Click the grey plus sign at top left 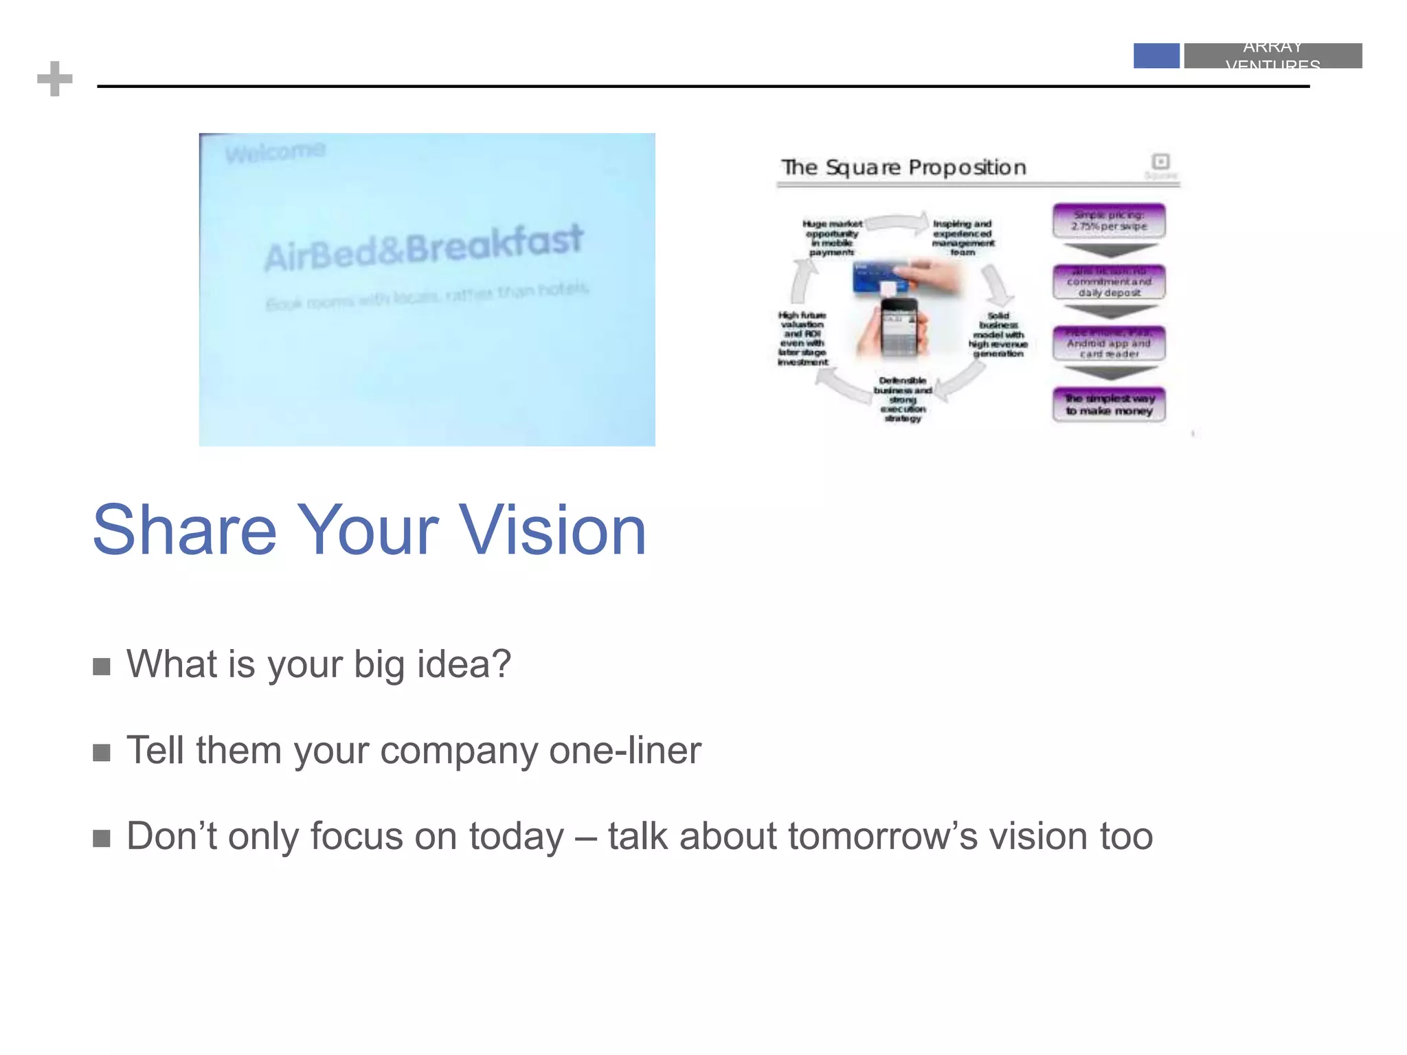(55, 79)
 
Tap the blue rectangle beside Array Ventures (1156, 56)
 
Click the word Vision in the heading (552, 530)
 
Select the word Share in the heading (184, 530)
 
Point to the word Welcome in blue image (275, 152)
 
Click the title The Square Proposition (903, 167)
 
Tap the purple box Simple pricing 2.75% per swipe (1109, 220)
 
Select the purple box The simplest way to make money (1109, 405)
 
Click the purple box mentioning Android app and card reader (1109, 343)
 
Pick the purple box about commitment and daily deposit (1109, 282)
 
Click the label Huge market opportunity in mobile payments (832, 238)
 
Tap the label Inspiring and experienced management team (963, 238)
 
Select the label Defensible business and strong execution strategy (903, 399)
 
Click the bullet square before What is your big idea (102, 666)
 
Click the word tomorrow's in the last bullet (883, 837)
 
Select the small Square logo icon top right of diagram (1161, 161)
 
